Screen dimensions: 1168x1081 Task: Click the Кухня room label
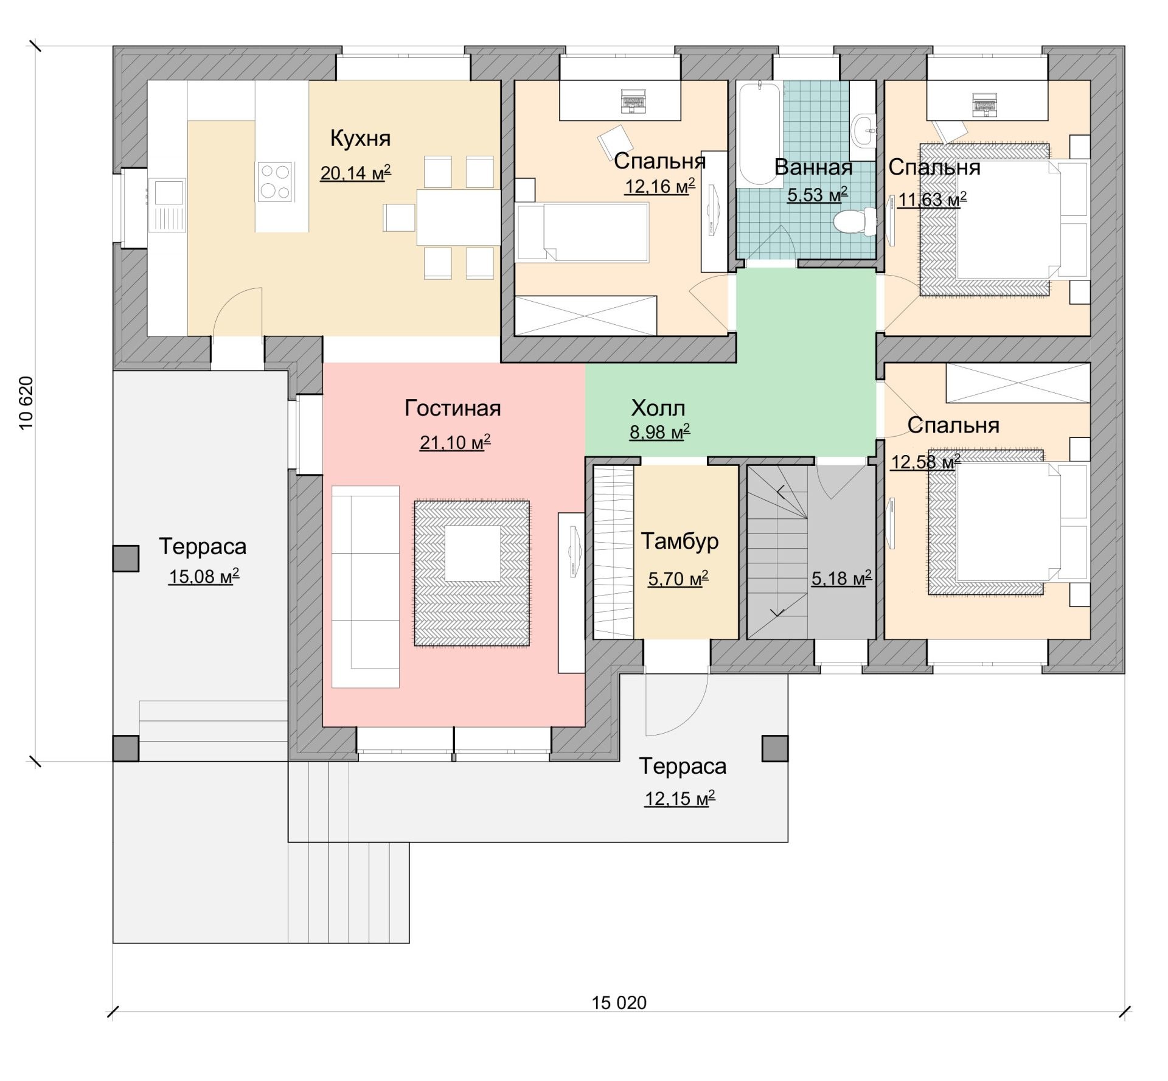pyautogui.click(x=360, y=139)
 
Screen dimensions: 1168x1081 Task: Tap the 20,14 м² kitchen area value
pyautogui.click(x=355, y=173)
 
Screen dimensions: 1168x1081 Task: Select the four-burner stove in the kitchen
pyautogui.click(x=275, y=182)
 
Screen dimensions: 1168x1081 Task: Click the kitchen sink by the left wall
pyautogui.click(x=167, y=205)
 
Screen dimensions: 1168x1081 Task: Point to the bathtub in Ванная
pyautogui.click(x=759, y=134)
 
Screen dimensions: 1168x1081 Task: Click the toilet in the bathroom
pyautogui.click(x=855, y=221)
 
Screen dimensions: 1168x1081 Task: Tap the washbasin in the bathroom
pyautogui.click(x=863, y=131)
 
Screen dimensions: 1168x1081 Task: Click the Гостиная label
pyautogui.click(x=453, y=408)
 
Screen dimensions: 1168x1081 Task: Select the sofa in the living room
pyautogui.click(x=365, y=586)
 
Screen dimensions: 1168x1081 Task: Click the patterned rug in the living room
pyautogui.click(x=472, y=573)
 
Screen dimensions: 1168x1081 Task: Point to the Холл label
pyautogui.click(x=658, y=408)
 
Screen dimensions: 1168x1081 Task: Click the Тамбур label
pyautogui.click(x=680, y=541)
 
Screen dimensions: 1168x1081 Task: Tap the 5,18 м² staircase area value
pyautogui.click(x=841, y=578)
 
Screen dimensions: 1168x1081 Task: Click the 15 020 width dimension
pyautogui.click(x=619, y=1003)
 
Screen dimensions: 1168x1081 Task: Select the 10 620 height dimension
pyautogui.click(x=26, y=403)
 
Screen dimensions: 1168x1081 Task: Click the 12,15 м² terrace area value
pyautogui.click(x=680, y=798)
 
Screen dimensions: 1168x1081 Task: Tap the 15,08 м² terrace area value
pyautogui.click(x=204, y=576)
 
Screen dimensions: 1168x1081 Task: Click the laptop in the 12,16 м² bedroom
pyautogui.click(x=633, y=101)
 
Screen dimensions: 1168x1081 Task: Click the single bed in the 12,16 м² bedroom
pyautogui.click(x=582, y=232)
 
